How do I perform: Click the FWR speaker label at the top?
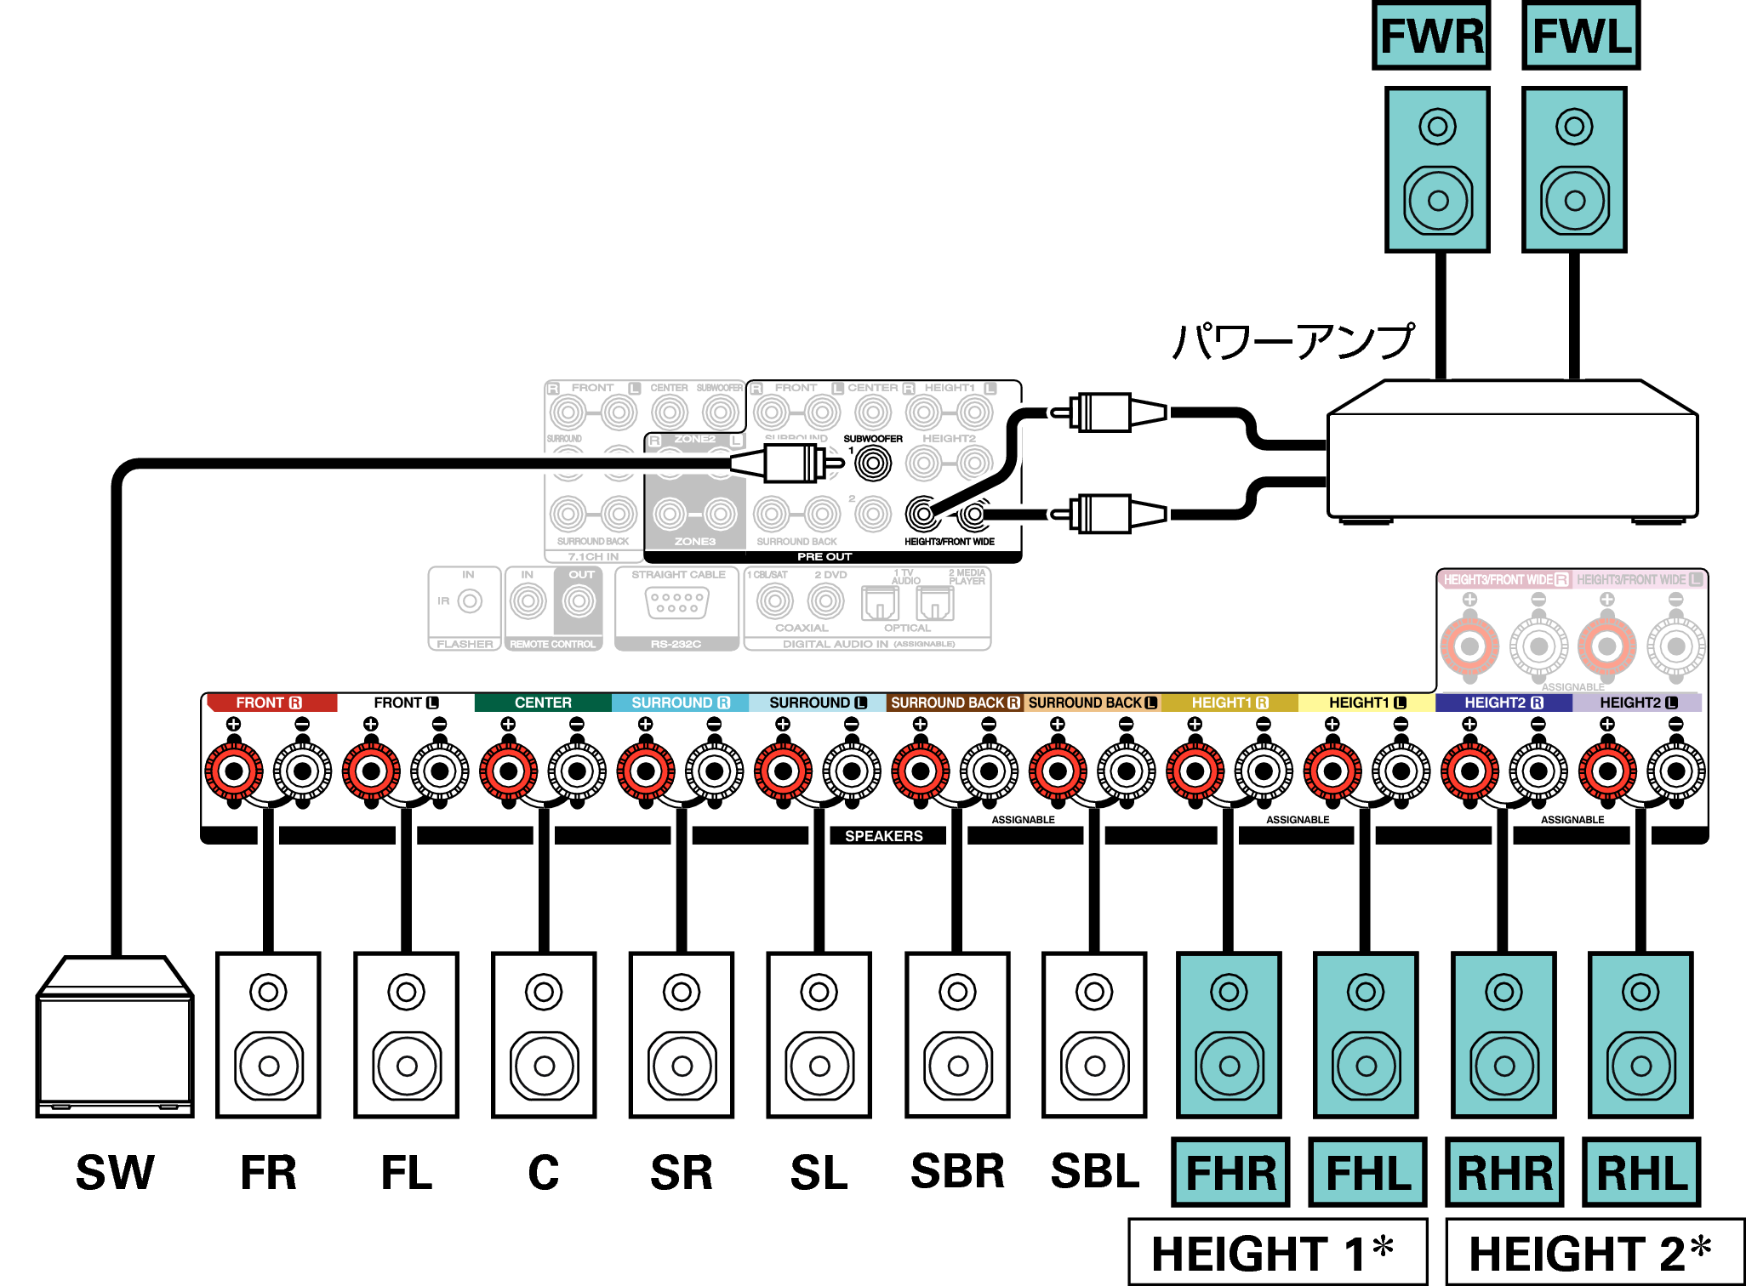click(1431, 36)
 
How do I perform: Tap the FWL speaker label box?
click(1581, 36)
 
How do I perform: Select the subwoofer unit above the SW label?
click(115, 1038)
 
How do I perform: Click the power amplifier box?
click(1512, 451)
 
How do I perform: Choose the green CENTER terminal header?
click(543, 703)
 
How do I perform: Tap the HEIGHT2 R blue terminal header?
click(1503, 703)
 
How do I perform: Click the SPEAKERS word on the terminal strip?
click(883, 836)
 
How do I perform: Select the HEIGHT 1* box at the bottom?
click(1276, 1252)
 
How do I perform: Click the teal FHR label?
click(1230, 1172)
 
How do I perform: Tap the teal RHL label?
click(1641, 1172)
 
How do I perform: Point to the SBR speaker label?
click(957, 1171)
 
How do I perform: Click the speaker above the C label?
click(544, 1034)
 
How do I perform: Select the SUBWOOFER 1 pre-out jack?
click(873, 464)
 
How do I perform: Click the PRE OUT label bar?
click(824, 557)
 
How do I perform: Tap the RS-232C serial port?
click(676, 604)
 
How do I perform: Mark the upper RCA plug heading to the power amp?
click(1106, 413)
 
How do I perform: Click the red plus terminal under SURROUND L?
click(783, 771)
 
